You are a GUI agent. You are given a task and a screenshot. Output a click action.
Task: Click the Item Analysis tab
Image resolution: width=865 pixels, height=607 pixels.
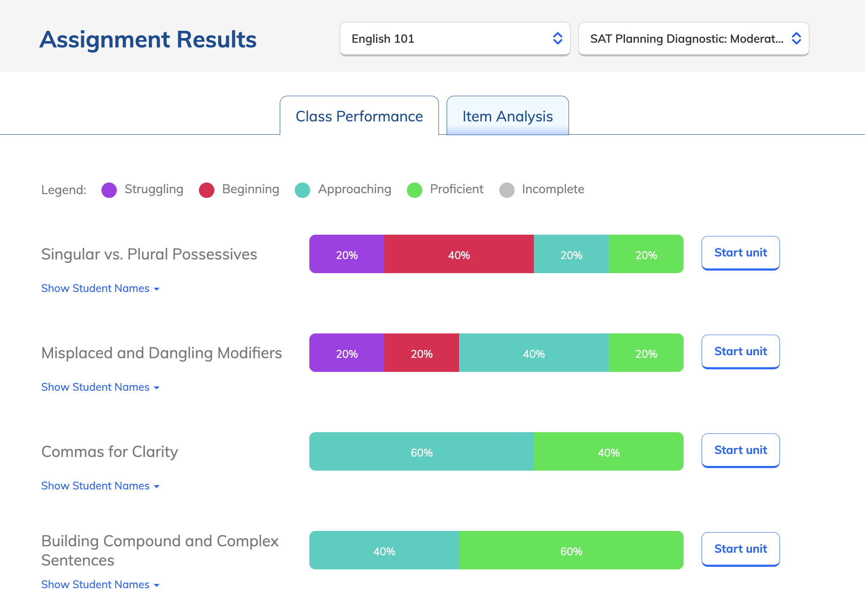click(507, 116)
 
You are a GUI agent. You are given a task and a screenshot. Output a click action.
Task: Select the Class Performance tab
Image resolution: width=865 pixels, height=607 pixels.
click(359, 116)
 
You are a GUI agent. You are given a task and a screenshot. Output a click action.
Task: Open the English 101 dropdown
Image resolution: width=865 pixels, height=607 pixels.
click(455, 39)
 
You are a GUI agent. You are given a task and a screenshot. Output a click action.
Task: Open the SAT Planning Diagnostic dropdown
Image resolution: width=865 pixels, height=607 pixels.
click(693, 39)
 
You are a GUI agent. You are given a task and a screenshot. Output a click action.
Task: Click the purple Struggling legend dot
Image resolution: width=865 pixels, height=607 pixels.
click(109, 190)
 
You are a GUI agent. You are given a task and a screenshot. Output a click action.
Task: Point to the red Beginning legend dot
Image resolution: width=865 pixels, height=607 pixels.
click(207, 190)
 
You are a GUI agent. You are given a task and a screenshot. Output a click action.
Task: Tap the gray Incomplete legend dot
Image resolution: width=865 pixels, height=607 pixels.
click(507, 190)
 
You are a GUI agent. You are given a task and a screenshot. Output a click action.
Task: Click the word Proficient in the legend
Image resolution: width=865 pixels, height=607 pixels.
click(456, 189)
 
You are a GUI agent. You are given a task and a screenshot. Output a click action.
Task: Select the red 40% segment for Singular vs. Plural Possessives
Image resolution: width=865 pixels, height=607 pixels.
click(459, 254)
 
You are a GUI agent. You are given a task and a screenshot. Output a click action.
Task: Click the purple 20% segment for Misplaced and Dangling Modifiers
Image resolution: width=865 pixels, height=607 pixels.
click(347, 353)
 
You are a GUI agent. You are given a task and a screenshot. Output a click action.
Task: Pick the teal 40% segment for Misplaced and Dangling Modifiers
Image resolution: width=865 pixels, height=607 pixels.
click(533, 353)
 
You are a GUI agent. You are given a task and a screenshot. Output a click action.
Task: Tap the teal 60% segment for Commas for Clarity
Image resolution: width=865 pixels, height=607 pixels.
click(421, 452)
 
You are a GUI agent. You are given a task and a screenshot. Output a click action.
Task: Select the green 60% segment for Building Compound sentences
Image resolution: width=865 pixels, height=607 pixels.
click(571, 551)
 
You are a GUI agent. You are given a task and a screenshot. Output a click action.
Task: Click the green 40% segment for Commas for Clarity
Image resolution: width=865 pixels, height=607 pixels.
click(608, 452)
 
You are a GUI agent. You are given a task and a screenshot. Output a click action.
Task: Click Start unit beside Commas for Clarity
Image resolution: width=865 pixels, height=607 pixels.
click(741, 450)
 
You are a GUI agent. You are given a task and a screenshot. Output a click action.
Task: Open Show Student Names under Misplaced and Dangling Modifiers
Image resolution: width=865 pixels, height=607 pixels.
click(100, 387)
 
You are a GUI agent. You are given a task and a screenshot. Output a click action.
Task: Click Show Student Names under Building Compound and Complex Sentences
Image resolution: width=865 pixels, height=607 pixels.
click(100, 585)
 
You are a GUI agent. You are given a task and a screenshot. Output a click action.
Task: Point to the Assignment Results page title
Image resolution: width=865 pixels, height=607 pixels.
click(148, 39)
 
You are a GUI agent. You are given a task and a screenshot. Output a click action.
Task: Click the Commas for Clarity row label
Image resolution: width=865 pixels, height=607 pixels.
click(110, 452)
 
